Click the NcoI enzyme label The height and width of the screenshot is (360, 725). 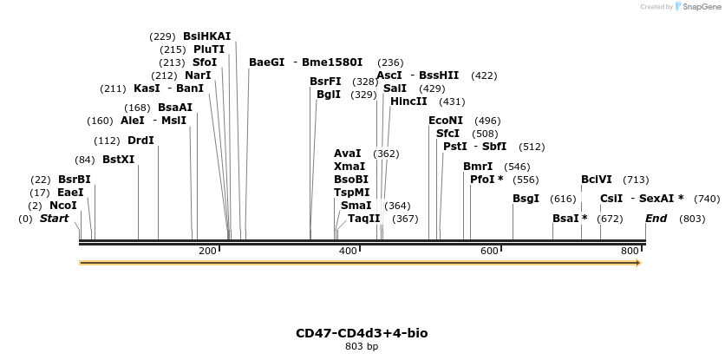pyautogui.click(x=63, y=206)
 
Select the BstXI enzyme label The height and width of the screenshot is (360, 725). pyautogui.click(x=119, y=160)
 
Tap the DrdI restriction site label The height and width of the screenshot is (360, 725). pyautogui.click(x=140, y=141)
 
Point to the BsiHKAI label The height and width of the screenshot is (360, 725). pyautogui.click(x=207, y=36)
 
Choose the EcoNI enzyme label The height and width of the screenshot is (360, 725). pyautogui.click(x=446, y=121)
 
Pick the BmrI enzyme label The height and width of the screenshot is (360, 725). pyautogui.click(x=478, y=167)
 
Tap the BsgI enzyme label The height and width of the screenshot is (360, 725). pyautogui.click(x=526, y=199)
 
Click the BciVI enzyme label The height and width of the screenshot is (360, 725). pyautogui.click(x=597, y=180)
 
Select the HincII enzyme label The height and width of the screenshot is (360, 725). pyautogui.click(x=409, y=101)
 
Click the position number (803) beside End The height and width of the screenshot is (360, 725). pyautogui.click(x=692, y=219)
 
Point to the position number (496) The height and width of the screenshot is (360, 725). pyautogui.click(x=488, y=121)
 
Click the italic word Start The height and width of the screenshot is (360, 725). pyautogui.click(x=54, y=219)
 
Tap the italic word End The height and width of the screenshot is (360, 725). pyautogui.click(x=656, y=219)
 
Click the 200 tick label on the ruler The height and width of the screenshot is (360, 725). pyautogui.click(x=207, y=251)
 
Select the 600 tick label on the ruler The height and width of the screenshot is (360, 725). pyautogui.click(x=489, y=251)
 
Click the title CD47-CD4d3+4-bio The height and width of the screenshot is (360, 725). pyautogui.click(x=362, y=333)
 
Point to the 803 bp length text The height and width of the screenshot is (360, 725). pyautogui.click(x=362, y=347)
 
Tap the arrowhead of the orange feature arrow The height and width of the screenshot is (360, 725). pyautogui.click(x=637, y=262)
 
